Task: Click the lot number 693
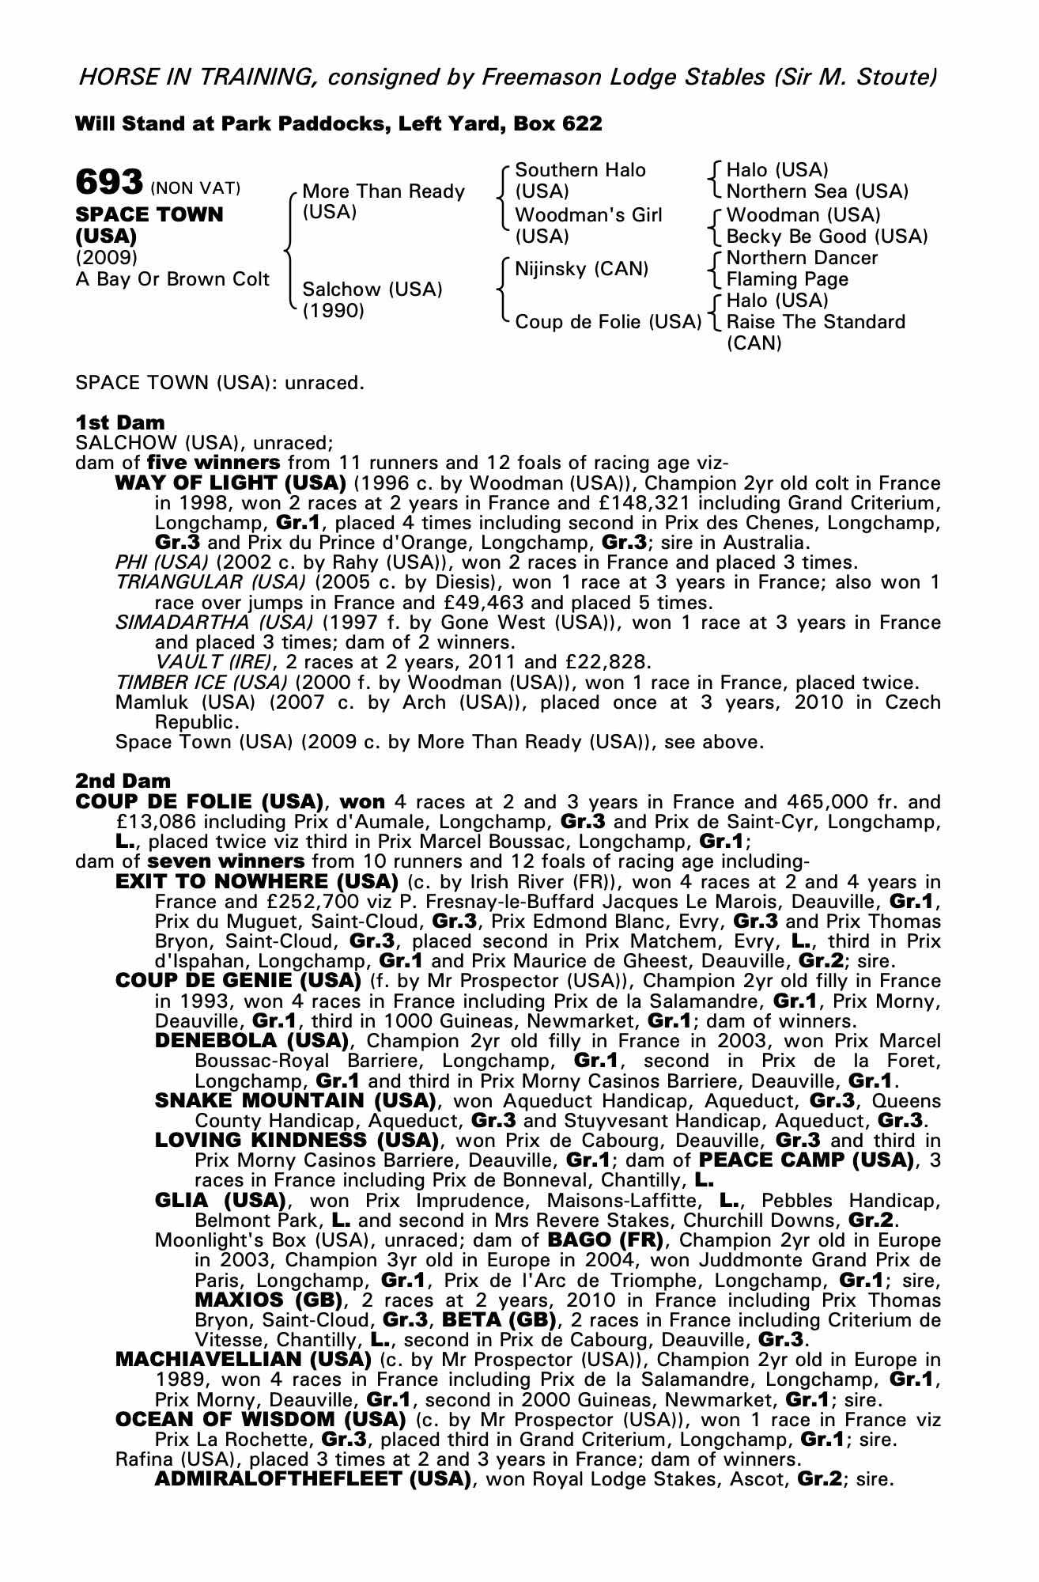point(108,182)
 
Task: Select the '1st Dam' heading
point(120,422)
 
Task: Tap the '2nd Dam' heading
point(123,782)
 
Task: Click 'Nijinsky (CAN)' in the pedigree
point(581,268)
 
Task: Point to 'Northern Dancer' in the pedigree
point(802,258)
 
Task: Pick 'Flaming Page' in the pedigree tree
point(787,279)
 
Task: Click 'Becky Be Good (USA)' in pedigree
point(826,237)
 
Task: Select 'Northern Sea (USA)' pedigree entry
point(817,191)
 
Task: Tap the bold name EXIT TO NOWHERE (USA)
point(257,881)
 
